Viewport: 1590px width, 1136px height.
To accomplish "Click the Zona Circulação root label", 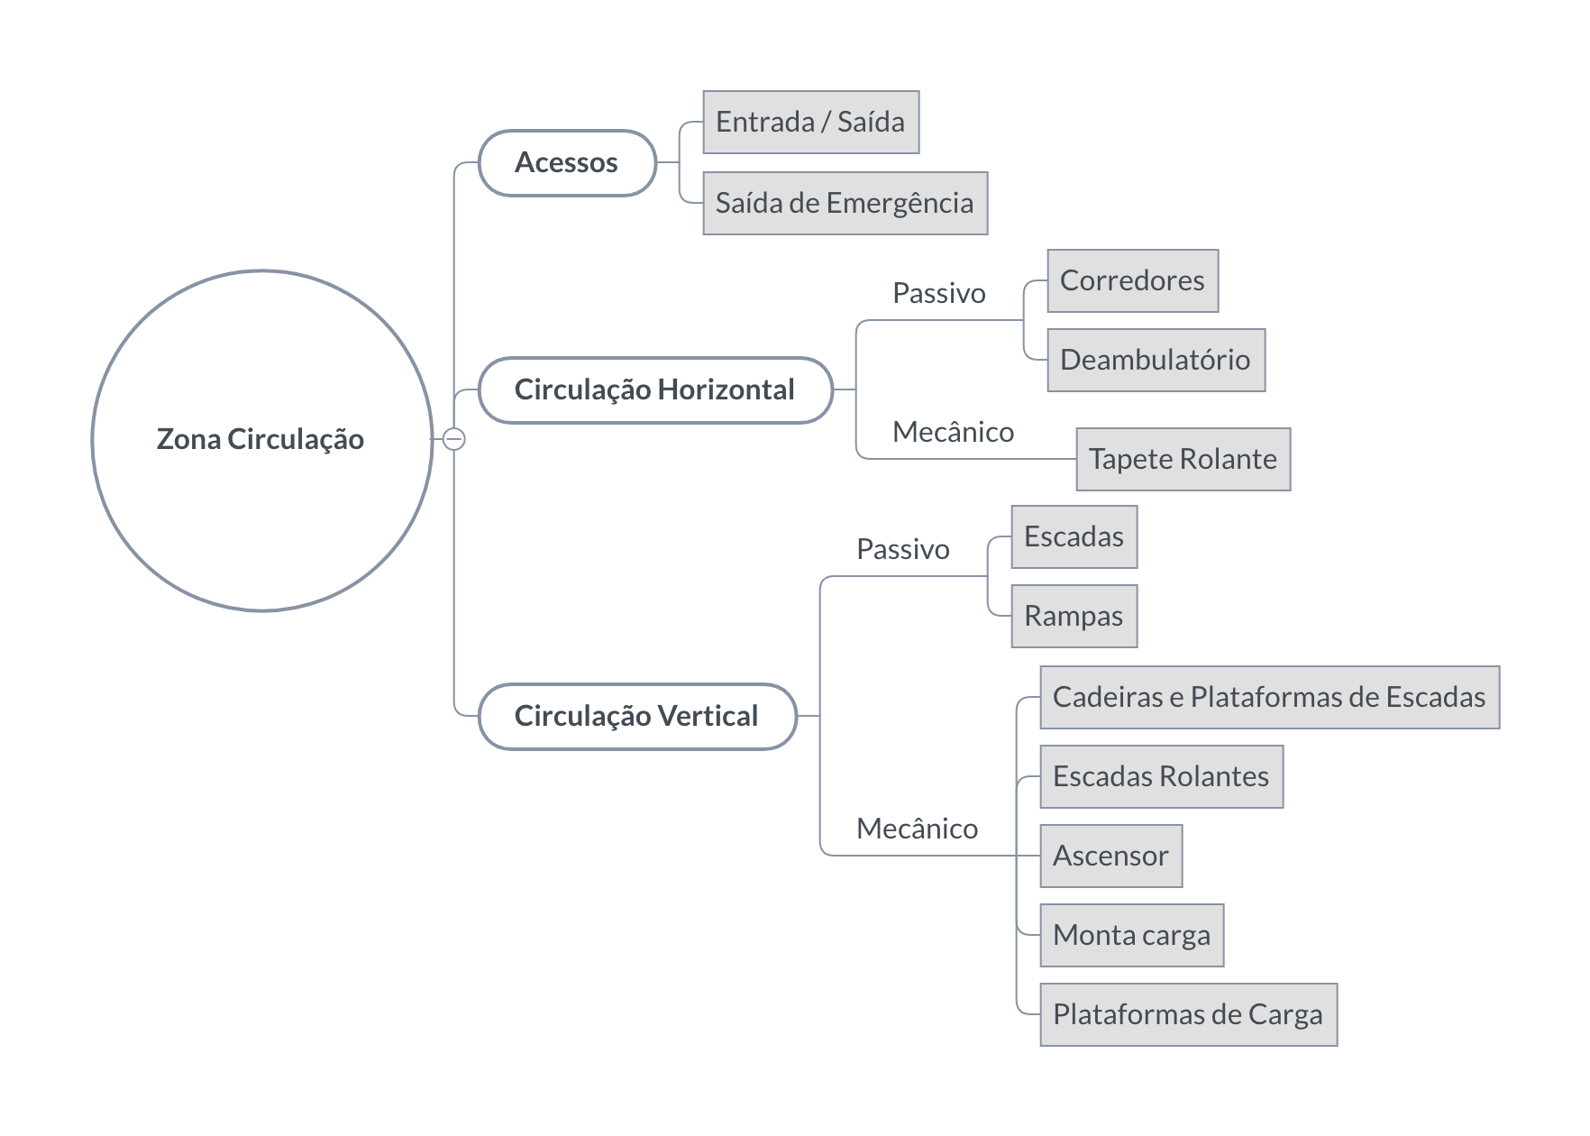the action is [260, 439].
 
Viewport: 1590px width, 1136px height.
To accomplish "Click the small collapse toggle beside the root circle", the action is [454, 439].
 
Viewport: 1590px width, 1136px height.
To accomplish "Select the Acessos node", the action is [567, 162].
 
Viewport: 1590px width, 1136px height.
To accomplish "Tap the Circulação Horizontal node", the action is [655, 389].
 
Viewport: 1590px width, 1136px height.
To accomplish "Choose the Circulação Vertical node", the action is [637, 716].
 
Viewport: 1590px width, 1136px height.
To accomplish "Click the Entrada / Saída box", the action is [811, 122].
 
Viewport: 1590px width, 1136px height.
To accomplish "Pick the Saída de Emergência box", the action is [845, 203].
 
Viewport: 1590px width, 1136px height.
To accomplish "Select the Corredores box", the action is [1133, 280].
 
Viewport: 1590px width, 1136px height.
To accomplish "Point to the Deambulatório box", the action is [1156, 360].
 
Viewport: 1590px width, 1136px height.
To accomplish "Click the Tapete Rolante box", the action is [1183, 459].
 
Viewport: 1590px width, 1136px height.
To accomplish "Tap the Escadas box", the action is [1074, 536].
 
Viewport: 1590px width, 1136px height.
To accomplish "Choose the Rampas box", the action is [1074, 616].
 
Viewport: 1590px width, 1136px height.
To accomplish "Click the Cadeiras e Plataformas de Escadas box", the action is [1270, 697].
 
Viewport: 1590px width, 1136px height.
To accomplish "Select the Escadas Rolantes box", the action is [1162, 776].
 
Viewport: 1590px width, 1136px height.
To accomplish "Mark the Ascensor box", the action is [1111, 856].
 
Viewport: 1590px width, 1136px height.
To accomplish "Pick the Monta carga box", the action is [1132, 935].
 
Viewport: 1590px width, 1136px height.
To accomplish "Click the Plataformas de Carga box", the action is [1189, 1014].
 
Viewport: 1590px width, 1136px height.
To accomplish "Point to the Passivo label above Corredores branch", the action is [939, 293].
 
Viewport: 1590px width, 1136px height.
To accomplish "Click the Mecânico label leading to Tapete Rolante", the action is [954, 432].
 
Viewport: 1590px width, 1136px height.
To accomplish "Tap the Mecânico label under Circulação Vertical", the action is [918, 829].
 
